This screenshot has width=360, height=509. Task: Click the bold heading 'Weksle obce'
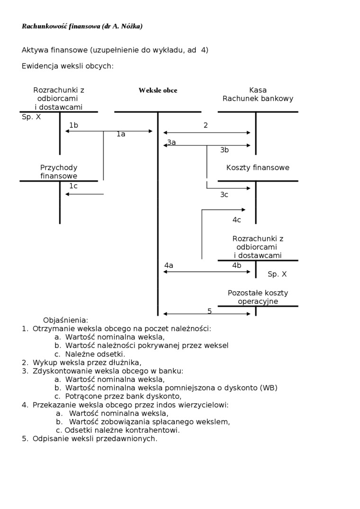(x=158, y=90)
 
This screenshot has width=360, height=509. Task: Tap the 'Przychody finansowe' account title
(x=59, y=172)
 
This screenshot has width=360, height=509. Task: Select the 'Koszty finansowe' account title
(x=258, y=168)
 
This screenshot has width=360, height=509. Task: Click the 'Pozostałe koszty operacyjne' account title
(x=258, y=297)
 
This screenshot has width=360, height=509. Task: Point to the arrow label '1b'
(x=73, y=125)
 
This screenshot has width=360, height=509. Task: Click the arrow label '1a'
(x=121, y=134)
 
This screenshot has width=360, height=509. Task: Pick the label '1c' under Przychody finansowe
(x=73, y=186)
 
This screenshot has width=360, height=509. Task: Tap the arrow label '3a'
(x=171, y=142)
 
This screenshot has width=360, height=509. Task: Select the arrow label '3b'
(x=225, y=150)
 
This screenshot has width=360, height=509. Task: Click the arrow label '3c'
(x=224, y=195)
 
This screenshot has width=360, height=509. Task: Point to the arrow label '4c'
(x=236, y=220)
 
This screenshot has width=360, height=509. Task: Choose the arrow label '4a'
(x=169, y=266)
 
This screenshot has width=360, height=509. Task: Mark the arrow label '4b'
(x=236, y=266)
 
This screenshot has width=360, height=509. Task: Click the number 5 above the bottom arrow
(x=209, y=311)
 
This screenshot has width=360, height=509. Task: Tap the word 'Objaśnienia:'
(x=65, y=320)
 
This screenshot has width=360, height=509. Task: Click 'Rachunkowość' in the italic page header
(x=44, y=27)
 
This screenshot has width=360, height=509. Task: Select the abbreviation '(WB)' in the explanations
(x=269, y=388)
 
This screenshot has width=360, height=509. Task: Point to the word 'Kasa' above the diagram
(x=258, y=90)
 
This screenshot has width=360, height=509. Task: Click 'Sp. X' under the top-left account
(x=31, y=117)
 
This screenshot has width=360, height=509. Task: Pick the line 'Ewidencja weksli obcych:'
(x=68, y=66)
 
